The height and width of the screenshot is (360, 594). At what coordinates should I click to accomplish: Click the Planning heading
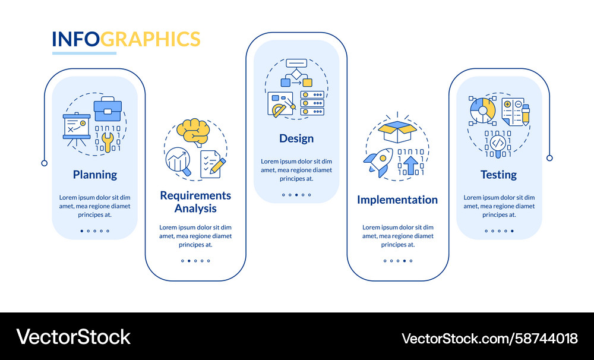click(x=94, y=175)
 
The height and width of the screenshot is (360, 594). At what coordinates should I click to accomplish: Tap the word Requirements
click(x=195, y=195)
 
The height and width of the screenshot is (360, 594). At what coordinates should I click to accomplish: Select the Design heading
click(x=296, y=138)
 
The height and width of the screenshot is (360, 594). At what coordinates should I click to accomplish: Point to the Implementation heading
click(x=397, y=200)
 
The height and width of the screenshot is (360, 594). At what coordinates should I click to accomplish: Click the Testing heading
click(x=498, y=175)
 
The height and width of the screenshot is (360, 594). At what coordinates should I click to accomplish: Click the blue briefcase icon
click(x=108, y=109)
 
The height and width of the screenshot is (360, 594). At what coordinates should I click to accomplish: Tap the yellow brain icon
click(x=193, y=132)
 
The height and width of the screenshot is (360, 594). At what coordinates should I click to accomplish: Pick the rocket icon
click(x=378, y=162)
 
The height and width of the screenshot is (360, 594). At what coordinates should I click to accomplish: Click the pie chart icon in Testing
click(x=482, y=110)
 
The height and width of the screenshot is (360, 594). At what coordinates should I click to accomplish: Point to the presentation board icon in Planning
click(x=77, y=129)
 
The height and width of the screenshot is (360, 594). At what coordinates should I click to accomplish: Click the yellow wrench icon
click(x=108, y=142)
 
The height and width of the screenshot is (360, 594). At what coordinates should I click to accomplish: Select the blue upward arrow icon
click(x=410, y=165)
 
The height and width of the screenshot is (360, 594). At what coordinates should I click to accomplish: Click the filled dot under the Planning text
click(x=82, y=230)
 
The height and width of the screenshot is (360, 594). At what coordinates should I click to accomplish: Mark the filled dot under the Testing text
click(x=512, y=230)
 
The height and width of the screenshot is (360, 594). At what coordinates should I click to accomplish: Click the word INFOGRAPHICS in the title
click(x=126, y=39)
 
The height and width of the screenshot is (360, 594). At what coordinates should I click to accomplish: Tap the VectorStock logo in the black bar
click(x=74, y=337)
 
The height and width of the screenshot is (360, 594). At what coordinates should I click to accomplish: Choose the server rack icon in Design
click(x=312, y=103)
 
